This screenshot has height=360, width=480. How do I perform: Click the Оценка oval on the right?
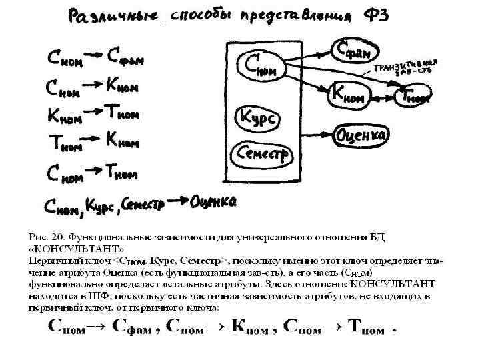363,135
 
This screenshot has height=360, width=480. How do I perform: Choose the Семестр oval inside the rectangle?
262,155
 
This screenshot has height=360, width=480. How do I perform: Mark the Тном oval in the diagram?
413,97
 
